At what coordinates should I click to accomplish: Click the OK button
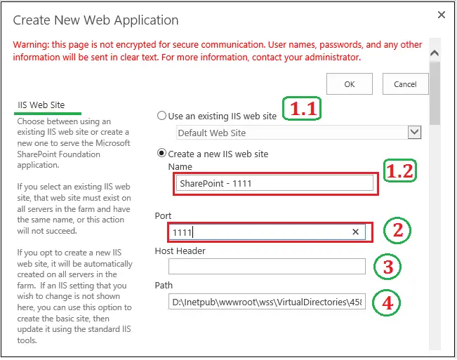[x=349, y=84]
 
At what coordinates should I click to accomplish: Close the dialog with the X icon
[x=442, y=14]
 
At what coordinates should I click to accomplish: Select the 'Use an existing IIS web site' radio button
[x=162, y=116]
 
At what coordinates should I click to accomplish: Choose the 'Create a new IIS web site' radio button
[x=162, y=154]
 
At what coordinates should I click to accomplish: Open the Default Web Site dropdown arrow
[x=414, y=132]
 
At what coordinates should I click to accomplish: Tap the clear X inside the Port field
[x=355, y=232]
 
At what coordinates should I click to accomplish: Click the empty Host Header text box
[x=267, y=266]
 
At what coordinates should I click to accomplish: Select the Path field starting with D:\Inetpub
[x=267, y=302]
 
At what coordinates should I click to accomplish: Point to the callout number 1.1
[x=302, y=109]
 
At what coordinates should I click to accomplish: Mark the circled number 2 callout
[x=397, y=230]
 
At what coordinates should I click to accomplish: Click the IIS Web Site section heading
[x=41, y=105]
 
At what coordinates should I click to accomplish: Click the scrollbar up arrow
[x=435, y=53]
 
